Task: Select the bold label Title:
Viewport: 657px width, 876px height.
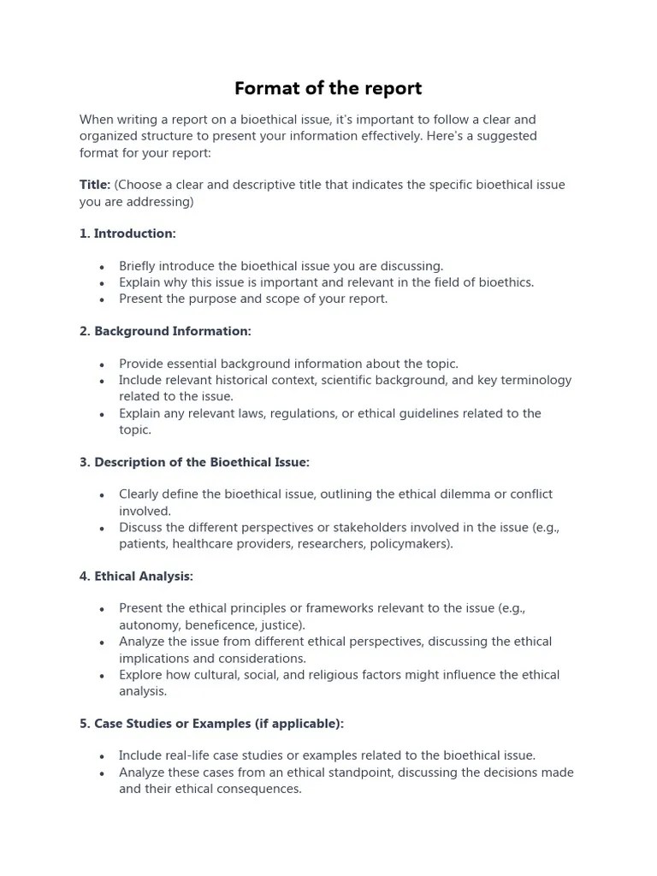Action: (95, 185)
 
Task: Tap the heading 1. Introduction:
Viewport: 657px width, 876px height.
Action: (127, 234)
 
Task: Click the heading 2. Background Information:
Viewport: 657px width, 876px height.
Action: (165, 331)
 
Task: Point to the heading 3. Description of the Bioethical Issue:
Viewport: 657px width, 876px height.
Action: (194, 462)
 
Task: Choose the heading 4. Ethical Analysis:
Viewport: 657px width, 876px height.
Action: (136, 577)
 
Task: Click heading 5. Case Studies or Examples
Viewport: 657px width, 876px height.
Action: (211, 724)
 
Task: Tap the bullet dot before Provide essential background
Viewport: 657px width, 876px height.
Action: (102, 364)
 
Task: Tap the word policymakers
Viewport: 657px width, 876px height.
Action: (412, 544)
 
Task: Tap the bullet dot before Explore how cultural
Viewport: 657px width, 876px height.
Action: (102, 676)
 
